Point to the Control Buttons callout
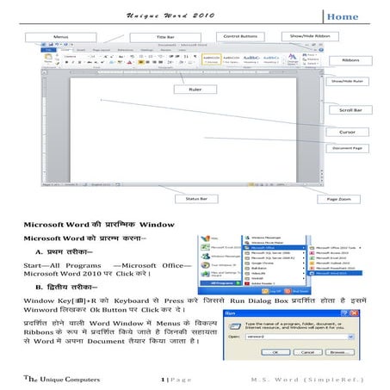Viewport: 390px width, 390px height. [x=243, y=37]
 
